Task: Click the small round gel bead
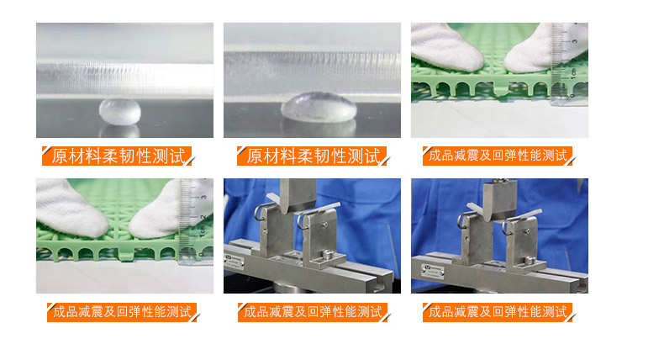[x=120, y=112]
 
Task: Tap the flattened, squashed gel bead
[x=319, y=108]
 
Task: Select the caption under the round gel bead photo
[x=119, y=156]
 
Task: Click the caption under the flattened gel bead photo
[x=313, y=156]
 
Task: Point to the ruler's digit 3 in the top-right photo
[x=575, y=41]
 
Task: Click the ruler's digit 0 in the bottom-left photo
[x=201, y=255]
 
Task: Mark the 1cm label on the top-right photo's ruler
[x=573, y=73]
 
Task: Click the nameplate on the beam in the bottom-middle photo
[x=235, y=262]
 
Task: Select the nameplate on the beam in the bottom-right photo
[x=432, y=271]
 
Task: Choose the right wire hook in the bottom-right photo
[x=510, y=225]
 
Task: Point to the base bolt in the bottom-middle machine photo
[x=326, y=255]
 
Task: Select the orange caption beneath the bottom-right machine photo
[x=497, y=312]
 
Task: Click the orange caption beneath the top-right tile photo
[x=497, y=156]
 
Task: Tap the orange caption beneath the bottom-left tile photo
[x=122, y=312]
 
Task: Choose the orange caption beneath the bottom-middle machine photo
[x=313, y=312]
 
